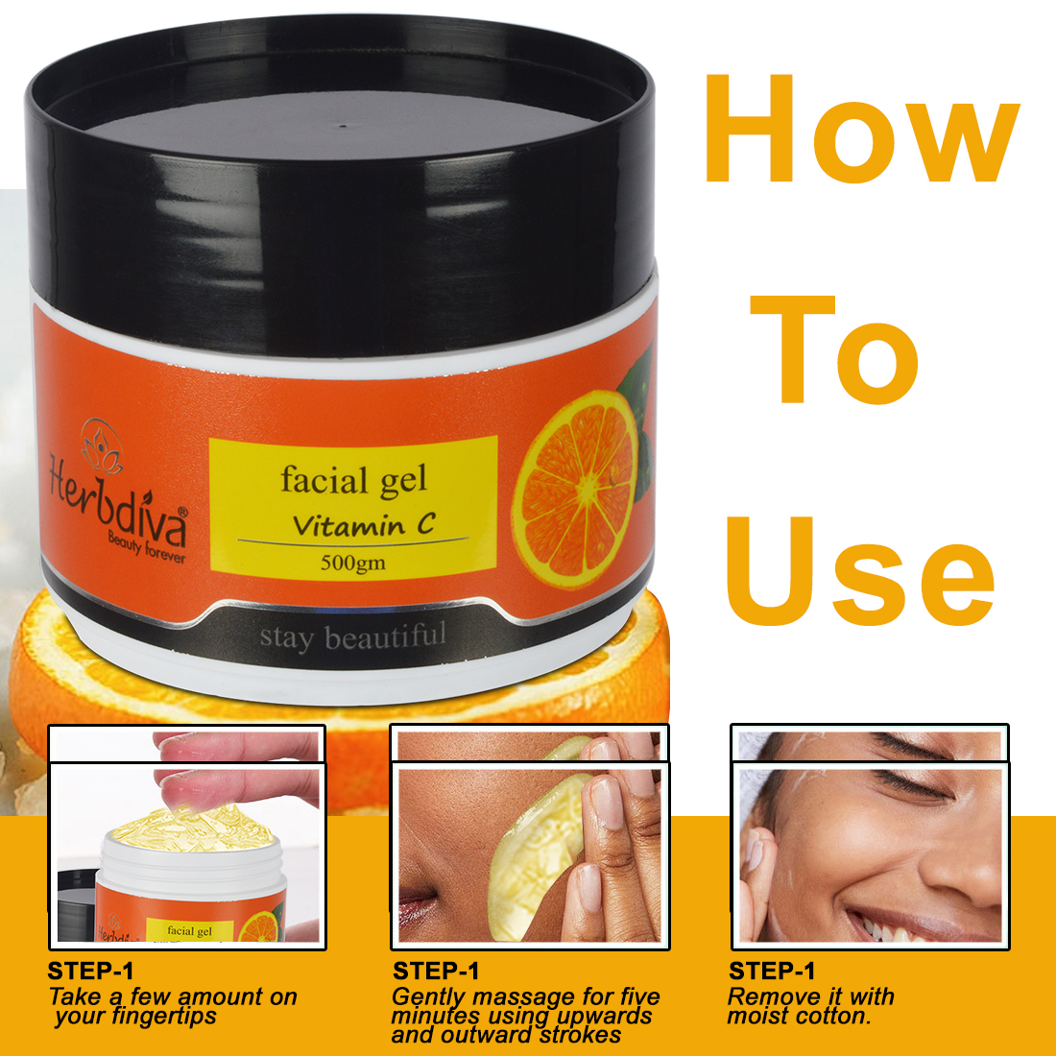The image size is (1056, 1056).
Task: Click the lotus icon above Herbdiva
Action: pos(102,444)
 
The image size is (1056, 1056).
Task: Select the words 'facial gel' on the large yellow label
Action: pos(353,480)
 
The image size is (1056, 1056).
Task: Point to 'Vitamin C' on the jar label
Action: pos(364,524)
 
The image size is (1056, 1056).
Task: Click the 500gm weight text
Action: pos(353,562)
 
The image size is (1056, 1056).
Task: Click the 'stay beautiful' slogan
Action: pos(353,636)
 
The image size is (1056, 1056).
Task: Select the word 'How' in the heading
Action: pos(862,130)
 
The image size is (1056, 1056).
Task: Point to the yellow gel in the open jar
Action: pos(193,828)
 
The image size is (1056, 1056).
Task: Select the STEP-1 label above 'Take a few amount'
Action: pos(91,971)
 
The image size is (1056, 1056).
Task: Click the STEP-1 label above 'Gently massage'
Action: pos(437,971)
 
